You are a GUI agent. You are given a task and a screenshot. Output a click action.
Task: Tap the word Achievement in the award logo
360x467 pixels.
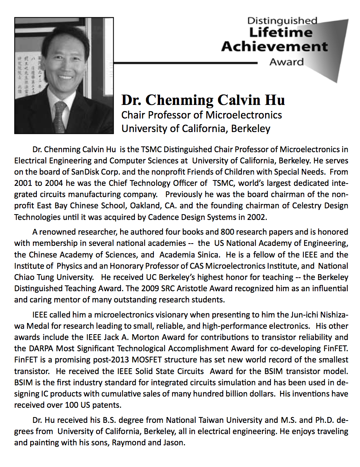(x=274, y=47)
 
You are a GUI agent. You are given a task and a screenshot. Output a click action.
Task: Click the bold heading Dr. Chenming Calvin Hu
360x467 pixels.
(x=203, y=100)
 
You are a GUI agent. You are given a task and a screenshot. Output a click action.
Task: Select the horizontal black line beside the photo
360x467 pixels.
(x=186, y=62)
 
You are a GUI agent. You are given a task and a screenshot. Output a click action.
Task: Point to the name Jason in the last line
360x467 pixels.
(x=173, y=442)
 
